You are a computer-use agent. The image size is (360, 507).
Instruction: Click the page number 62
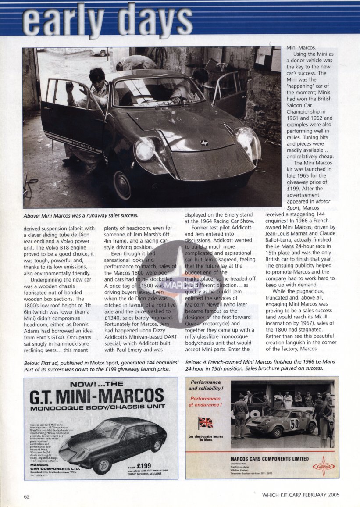click(27, 496)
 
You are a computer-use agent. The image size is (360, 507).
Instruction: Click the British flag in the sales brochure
click(206, 423)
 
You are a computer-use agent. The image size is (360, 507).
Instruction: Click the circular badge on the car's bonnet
click(203, 143)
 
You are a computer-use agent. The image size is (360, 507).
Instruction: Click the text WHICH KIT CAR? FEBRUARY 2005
click(300, 495)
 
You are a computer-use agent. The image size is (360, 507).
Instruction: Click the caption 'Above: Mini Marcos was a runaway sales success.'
click(81, 215)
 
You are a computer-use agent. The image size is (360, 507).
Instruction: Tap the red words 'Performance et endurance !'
click(206, 401)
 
